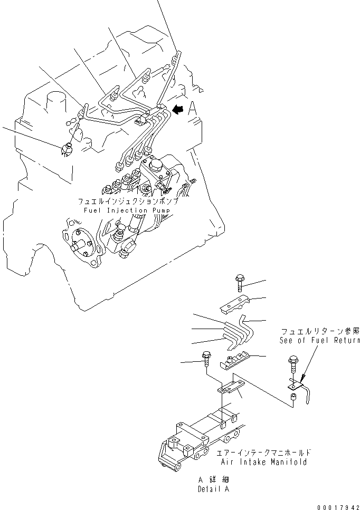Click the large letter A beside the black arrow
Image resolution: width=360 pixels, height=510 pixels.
[x=192, y=109]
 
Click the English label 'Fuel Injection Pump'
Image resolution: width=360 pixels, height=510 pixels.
[x=127, y=210]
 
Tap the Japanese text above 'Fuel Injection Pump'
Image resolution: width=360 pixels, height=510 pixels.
[x=128, y=201]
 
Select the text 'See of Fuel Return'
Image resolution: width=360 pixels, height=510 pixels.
[x=320, y=340]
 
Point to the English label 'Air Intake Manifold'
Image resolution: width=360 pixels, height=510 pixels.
[x=263, y=462]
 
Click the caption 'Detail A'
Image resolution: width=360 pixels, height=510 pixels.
[x=214, y=489]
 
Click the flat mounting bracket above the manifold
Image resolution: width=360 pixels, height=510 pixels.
[x=231, y=388]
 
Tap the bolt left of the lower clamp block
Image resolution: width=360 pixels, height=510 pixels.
[x=206, y=359]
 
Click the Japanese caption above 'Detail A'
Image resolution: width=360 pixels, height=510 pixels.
[x=214, y=479]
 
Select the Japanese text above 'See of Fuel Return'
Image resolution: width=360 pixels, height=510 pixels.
[x=320, y=331]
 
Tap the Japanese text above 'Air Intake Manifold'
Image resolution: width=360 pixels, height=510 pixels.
[x=263, y=453]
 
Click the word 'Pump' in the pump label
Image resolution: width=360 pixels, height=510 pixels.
[x=161, y=210]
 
